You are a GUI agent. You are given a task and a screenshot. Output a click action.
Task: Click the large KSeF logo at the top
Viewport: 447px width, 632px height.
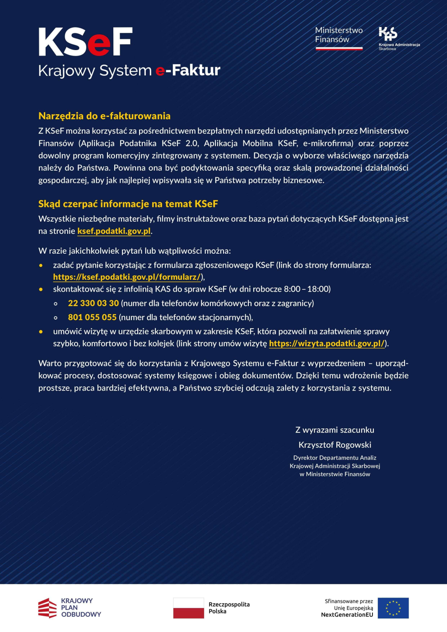85,42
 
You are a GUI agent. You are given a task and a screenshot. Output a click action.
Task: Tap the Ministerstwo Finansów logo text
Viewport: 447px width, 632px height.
339,35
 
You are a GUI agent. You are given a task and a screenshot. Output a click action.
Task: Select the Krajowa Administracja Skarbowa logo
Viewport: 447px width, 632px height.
398,38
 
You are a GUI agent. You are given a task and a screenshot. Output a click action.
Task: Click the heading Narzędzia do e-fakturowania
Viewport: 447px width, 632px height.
104,116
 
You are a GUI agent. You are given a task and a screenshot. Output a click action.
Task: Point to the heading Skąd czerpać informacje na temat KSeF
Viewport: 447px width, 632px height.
128,204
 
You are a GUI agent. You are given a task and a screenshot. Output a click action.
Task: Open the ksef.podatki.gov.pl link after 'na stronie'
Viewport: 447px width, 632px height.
114,231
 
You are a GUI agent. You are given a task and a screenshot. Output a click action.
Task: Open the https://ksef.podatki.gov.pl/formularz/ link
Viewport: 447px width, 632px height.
127,277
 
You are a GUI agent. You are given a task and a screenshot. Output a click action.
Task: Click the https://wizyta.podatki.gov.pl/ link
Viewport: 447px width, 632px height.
327,344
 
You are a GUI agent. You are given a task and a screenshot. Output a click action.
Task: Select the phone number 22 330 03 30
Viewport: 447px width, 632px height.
93,303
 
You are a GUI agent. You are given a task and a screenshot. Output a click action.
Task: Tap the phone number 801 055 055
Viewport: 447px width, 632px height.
92,317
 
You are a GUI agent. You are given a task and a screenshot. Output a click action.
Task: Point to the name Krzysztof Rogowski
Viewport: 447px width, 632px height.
335,445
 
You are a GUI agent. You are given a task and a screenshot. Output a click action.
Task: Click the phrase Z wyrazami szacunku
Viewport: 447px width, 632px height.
335,430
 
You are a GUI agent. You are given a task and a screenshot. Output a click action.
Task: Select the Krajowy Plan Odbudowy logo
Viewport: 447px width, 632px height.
70,608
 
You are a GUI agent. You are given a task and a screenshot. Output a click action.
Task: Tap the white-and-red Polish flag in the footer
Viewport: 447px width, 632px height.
188,608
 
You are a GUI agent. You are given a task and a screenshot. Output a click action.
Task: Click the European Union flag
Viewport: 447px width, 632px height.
393,608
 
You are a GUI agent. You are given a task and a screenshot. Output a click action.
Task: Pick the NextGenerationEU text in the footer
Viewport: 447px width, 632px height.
347,615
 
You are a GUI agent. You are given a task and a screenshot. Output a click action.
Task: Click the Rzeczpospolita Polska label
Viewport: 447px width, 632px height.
229,608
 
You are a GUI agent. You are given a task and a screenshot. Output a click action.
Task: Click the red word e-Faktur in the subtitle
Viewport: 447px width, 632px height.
188,70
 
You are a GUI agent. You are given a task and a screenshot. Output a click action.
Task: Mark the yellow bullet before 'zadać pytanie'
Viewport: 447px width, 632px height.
41,265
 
